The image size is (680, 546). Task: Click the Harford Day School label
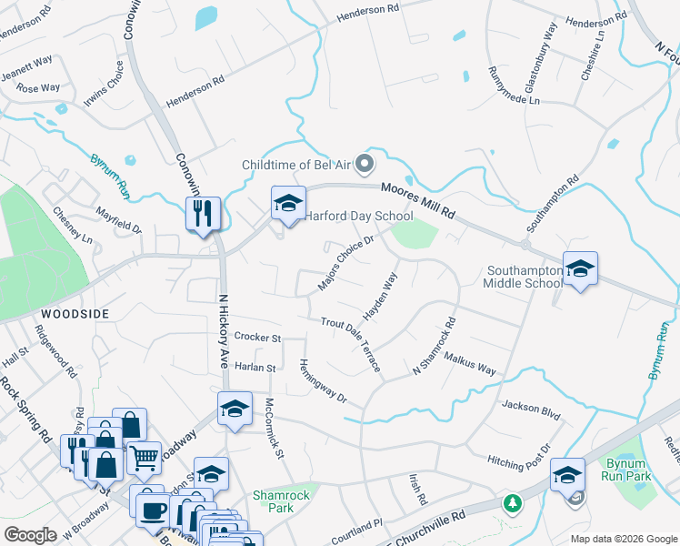click(x=358, y=217)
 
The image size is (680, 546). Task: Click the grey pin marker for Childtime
click(x=365, y=164)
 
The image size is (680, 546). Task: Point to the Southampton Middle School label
click(x=525, y=277)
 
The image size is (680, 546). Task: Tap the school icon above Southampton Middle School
click(x=580, y=268)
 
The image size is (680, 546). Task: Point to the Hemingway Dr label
click(x=323, y=380)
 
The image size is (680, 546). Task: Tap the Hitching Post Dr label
click(x=519, y=454)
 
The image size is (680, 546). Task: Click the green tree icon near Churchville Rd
click(x=514, y=502)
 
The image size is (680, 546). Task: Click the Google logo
click(x=31, y=535)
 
